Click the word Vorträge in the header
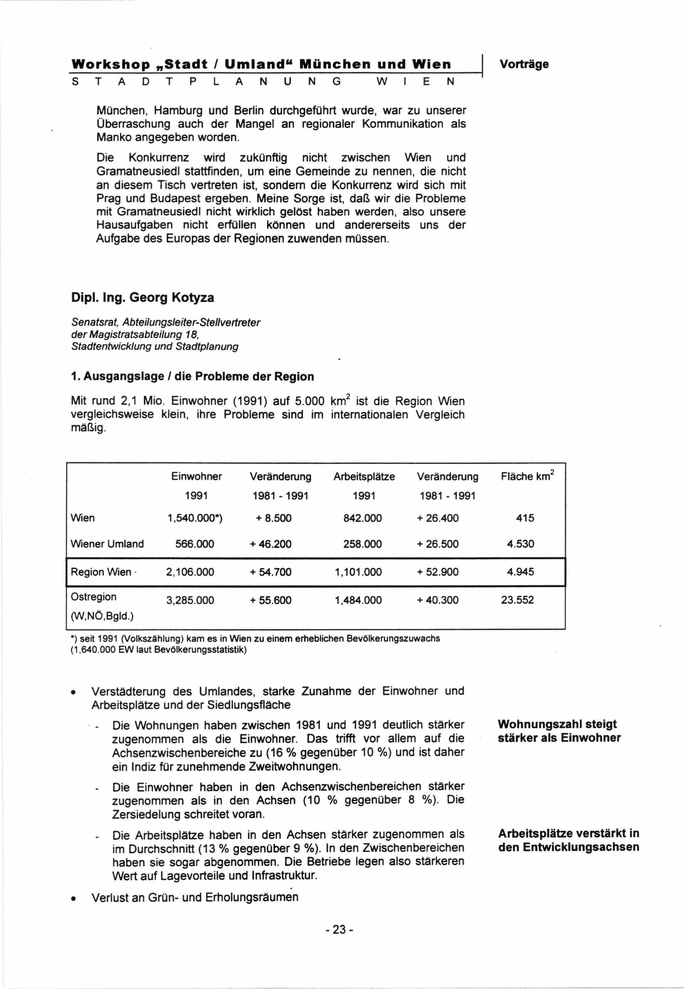524,64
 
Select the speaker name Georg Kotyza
171,297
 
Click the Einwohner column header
196,477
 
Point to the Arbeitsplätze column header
364,477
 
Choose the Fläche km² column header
527,476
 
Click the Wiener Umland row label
107,544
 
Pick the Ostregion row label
93,597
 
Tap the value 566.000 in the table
195,544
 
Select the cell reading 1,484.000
358,600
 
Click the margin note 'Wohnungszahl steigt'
557,724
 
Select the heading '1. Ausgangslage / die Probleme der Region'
193,376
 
